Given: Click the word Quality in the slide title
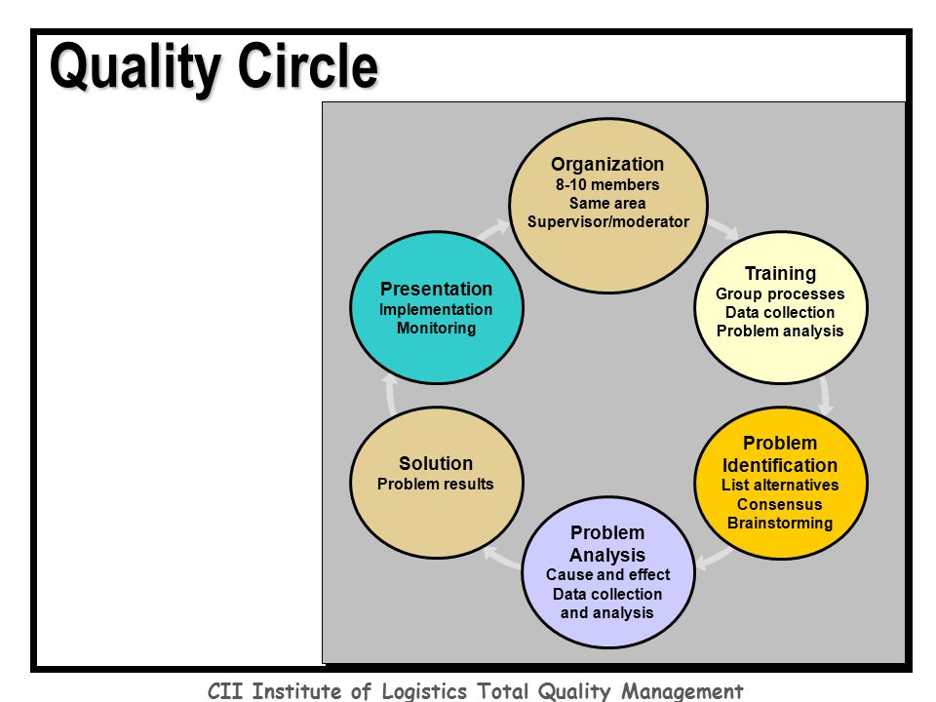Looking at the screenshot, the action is coord(136,67).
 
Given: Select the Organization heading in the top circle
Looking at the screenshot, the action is coord(607,165).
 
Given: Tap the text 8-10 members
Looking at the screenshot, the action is coord(607,184).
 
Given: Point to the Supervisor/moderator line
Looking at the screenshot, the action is coord(607,222).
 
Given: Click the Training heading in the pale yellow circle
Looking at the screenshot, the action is coord(780,273).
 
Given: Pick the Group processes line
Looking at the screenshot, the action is coord(780,294).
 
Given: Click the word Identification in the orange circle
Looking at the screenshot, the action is coord(780,465).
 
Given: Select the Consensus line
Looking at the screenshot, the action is coord(780,504).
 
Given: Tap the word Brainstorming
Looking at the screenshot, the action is coord(780,524).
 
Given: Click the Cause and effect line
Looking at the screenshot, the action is coord(607,575).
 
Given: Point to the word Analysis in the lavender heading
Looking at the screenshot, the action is coord(607,555).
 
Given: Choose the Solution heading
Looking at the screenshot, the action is coord(436,463).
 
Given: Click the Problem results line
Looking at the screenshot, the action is coord(435,485).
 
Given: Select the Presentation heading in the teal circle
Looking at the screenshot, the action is coord(437,289).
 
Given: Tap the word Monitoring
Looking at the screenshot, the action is coord(437,329).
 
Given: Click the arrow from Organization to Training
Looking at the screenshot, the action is coord(722,229).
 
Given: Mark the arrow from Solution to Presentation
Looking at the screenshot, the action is coord(390,395).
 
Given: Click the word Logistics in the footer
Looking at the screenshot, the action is coord(424,691).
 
